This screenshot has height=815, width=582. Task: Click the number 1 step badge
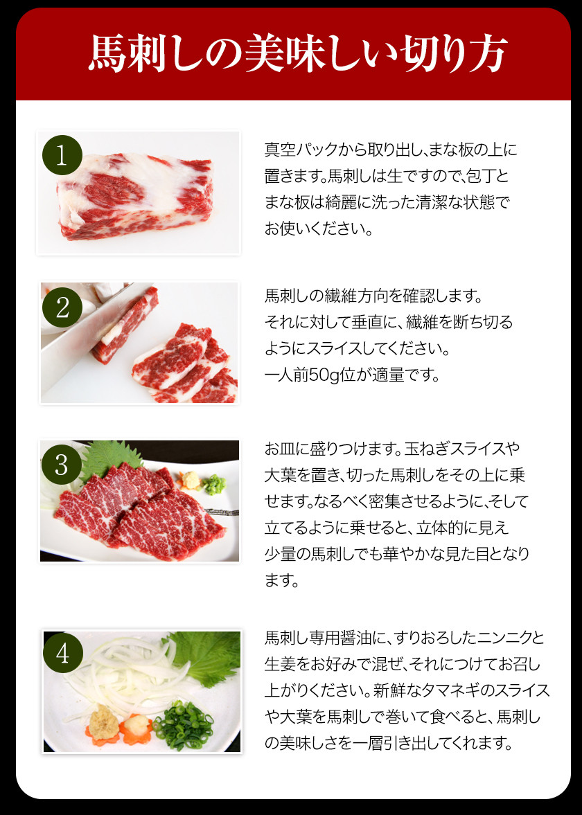(x=62, y=155)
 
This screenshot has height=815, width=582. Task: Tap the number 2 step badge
(x=62, y=307)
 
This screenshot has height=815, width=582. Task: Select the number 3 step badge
(x=62, y=465)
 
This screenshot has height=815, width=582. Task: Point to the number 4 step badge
(x=62, y=653)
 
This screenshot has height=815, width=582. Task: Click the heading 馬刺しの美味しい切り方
(x=297, y=53)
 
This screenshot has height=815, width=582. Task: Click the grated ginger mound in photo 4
(x=101, y=722)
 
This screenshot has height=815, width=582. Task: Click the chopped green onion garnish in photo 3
(x=214, y=485)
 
